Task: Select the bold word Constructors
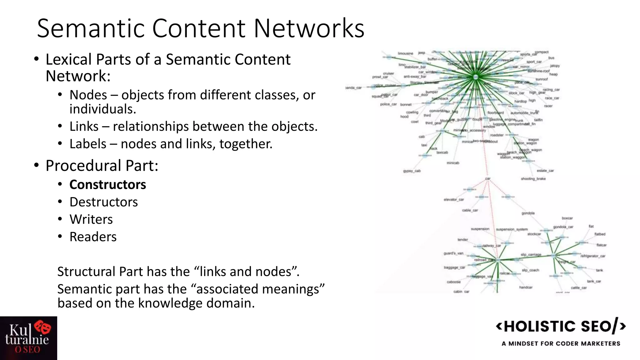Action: [107, 185]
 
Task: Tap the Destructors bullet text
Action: [103, 202]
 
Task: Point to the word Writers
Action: [91, 219]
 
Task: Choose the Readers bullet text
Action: [93, 237]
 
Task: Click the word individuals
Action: [102, 109]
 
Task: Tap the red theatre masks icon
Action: [43, 327]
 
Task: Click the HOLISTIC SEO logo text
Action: [561, 327]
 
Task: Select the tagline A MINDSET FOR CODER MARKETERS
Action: [561, 343]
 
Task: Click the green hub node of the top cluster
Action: [476, 77]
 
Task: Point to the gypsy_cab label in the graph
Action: [412, 171]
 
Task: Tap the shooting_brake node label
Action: [533, 179]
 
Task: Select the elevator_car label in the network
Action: [454, 199]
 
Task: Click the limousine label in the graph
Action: [405, 53]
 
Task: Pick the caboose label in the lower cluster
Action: [454, 282]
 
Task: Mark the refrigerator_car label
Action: [593, 256]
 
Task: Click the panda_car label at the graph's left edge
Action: [354, 88]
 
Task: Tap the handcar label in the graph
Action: [526, 287]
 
